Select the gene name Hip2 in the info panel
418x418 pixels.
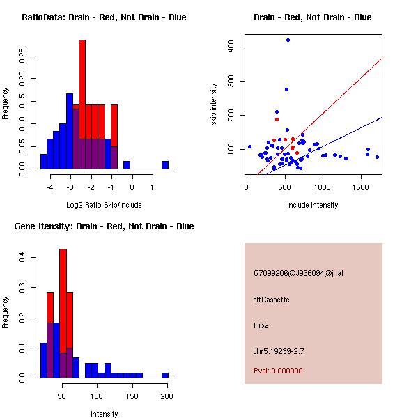click(261, 325)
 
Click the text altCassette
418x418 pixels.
click(271, 300)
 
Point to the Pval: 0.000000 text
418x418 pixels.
click(278, 371)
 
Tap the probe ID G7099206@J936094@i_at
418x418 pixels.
click(298, 273)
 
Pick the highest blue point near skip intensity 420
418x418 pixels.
click(288, 40)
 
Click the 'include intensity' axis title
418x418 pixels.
click(313, 205)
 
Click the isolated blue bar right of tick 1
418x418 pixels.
click(165, 165)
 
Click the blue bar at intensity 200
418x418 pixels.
click(165, 375)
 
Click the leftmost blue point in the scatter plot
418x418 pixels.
click(249, 147)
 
